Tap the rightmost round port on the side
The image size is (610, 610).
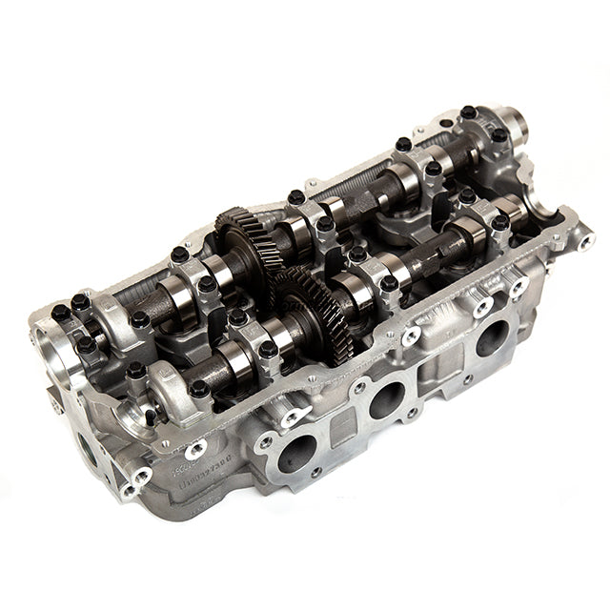pos(493,336)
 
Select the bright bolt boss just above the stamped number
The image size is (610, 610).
pos(195,448)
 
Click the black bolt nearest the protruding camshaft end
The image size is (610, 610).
pos(498,136)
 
